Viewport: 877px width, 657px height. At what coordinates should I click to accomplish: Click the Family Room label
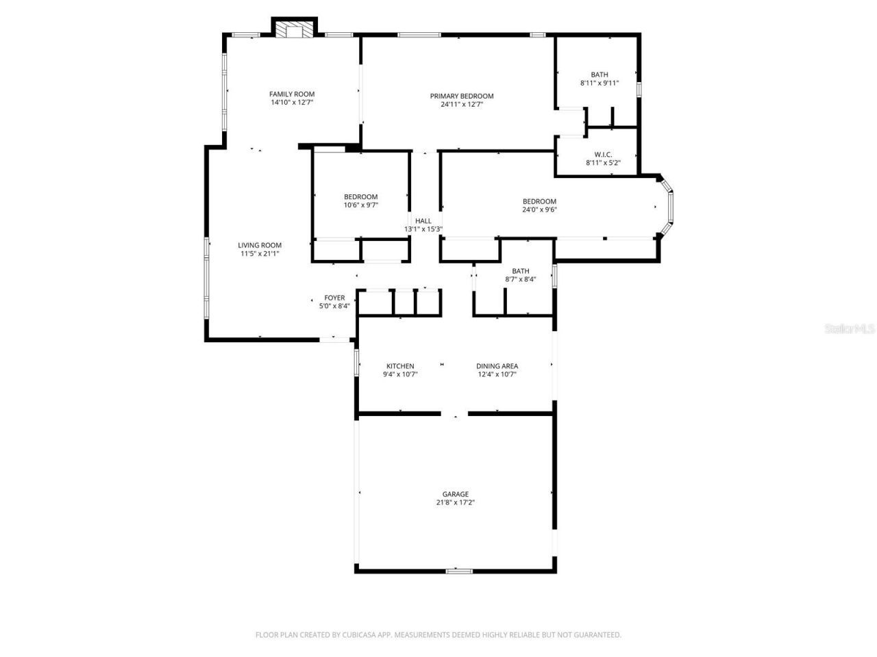291,94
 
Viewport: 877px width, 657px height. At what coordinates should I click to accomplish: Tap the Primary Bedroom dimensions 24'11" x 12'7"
462,105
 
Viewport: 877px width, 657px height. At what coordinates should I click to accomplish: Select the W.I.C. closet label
603,155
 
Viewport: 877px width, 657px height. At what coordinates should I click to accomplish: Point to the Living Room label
260,245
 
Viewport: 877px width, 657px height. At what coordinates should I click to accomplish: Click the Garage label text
455,494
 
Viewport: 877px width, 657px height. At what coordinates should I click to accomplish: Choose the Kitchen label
400,366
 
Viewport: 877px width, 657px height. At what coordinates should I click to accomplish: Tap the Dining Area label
497,366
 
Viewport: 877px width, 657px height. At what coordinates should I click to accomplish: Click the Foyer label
334,298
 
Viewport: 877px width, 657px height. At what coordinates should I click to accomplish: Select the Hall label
423,220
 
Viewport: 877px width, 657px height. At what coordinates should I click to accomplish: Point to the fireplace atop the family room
295,29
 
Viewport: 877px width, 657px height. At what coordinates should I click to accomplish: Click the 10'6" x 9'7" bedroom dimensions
361,205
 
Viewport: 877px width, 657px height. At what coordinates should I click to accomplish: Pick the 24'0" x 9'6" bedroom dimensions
539,209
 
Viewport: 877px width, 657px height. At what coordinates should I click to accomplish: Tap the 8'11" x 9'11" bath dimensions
600,83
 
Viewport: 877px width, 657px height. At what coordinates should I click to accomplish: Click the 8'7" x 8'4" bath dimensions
521,279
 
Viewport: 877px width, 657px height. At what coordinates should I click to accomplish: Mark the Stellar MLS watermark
850,329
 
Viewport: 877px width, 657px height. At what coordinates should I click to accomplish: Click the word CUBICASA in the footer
360,635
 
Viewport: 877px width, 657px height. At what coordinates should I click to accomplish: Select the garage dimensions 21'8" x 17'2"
455,502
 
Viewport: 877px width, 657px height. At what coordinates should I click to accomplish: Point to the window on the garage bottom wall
458,571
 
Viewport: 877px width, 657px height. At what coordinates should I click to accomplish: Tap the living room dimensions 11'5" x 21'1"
260,253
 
